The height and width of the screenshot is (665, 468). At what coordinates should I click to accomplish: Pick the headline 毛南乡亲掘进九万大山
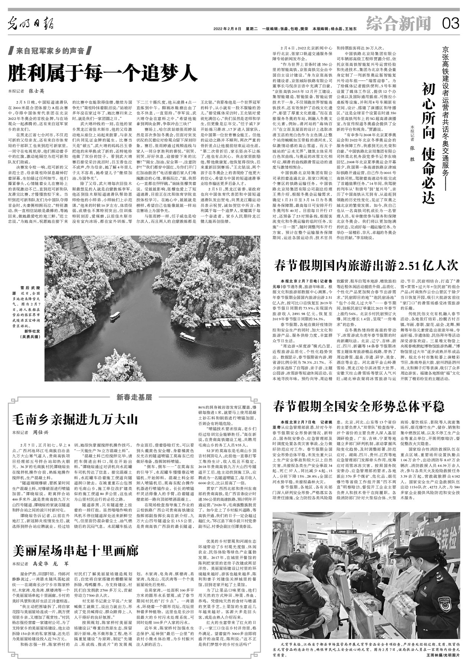[x=75, y=419]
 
